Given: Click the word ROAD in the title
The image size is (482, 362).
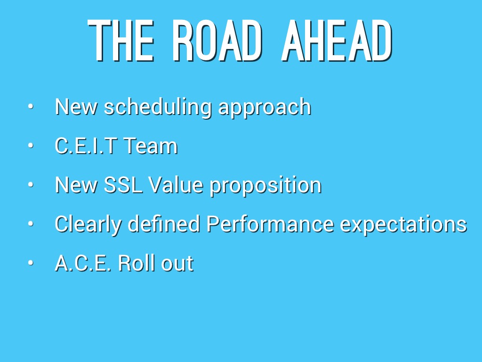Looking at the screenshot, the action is (217, 41).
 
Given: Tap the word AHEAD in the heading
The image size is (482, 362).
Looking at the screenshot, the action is (337, 41).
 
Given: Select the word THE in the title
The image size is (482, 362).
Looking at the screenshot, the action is (120, 41).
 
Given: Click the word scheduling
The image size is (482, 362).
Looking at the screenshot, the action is (158, 107).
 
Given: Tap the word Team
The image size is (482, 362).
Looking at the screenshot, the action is (151, 146).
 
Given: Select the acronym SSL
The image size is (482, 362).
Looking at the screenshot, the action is (123, 185).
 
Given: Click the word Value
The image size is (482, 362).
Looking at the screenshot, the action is (176, 185).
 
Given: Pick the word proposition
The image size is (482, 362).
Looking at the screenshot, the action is (265, 186).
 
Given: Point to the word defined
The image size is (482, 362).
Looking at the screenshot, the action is (164, 223).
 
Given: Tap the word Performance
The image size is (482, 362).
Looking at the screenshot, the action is (270, 223).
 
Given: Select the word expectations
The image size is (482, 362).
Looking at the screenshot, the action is (403, 225).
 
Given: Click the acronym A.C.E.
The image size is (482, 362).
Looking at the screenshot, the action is (83, 263).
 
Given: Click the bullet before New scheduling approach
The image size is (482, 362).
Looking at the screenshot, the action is (31, 107).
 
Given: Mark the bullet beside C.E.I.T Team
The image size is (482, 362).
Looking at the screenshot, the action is (31, 145).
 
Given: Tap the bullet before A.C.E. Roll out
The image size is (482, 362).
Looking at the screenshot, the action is (31, 263).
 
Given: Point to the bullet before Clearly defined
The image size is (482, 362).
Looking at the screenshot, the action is (31, 224).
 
